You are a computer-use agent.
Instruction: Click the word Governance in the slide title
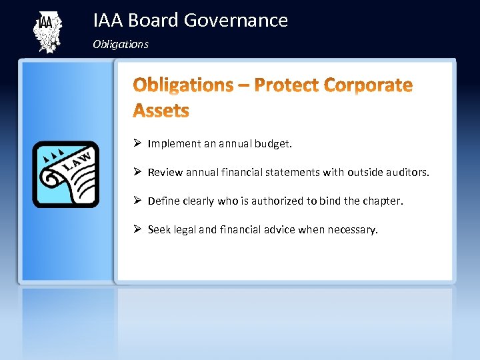click(235, 21)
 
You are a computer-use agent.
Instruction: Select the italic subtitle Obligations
click(121, 45)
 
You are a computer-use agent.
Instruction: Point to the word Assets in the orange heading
click(161, 110)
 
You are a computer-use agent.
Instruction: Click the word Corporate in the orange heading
click(368, 85)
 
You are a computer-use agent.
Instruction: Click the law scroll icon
click(66, 175)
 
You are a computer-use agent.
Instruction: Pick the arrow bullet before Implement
click(137, 143)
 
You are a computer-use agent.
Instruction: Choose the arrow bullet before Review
click(137, 172)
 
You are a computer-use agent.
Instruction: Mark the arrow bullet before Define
click(137, 201)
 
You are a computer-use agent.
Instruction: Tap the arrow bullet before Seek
click(137, 229)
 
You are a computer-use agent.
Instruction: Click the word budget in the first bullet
click(275, 143)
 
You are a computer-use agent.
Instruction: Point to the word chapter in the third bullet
click(383, 201)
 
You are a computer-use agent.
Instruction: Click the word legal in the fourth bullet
click(185, 229)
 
